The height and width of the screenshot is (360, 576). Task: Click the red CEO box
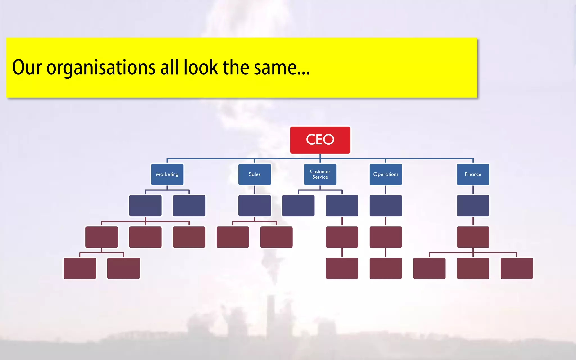click(320, 140)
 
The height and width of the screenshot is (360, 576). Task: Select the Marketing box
click(167, 174)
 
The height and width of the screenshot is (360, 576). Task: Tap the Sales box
click(255, 174)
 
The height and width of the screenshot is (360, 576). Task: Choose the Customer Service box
click(320, 174)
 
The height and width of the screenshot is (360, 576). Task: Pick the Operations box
click(386, 174)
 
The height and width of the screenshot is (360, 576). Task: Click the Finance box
click(473, 174)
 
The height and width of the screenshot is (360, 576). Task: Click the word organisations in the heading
click(101, 67)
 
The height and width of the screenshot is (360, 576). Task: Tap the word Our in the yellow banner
click(27, 67)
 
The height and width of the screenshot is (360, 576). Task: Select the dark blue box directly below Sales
click(255, 206)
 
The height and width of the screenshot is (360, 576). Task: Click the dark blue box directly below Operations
click(386, 206)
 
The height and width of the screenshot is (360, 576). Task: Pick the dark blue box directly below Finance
click(473, 206)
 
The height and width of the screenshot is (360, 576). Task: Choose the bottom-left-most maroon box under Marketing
click(80, 268)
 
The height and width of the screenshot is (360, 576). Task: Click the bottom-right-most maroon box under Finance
click(517, 268)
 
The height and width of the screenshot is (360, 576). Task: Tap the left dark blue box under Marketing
click(145, 206)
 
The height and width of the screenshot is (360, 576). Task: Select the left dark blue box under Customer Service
click(298, 206)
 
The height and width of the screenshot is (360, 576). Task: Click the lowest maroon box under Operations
click(386, 268)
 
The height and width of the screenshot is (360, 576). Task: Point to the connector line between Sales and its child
click(255, 190)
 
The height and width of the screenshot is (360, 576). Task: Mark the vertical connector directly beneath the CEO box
click(320, 156)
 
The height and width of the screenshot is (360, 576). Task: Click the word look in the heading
click(201, 67)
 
